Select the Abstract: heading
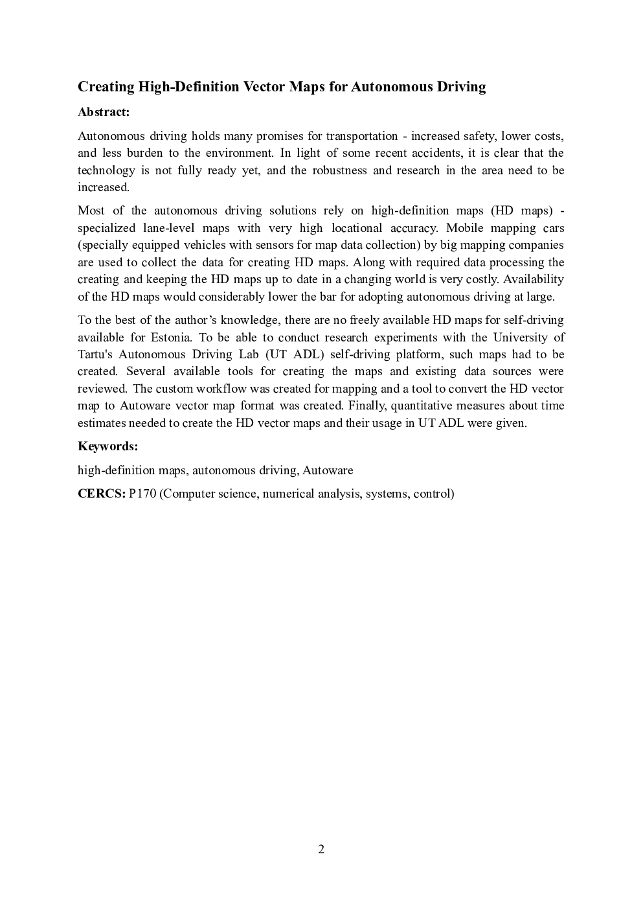tap(104, 112)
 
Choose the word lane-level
tap(165, 228)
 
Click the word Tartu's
tap(95, 354)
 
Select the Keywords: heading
tap(107, 446)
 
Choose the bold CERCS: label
tap(101, 494)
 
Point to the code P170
tap(142, 494)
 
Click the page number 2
tap(321, 849)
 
